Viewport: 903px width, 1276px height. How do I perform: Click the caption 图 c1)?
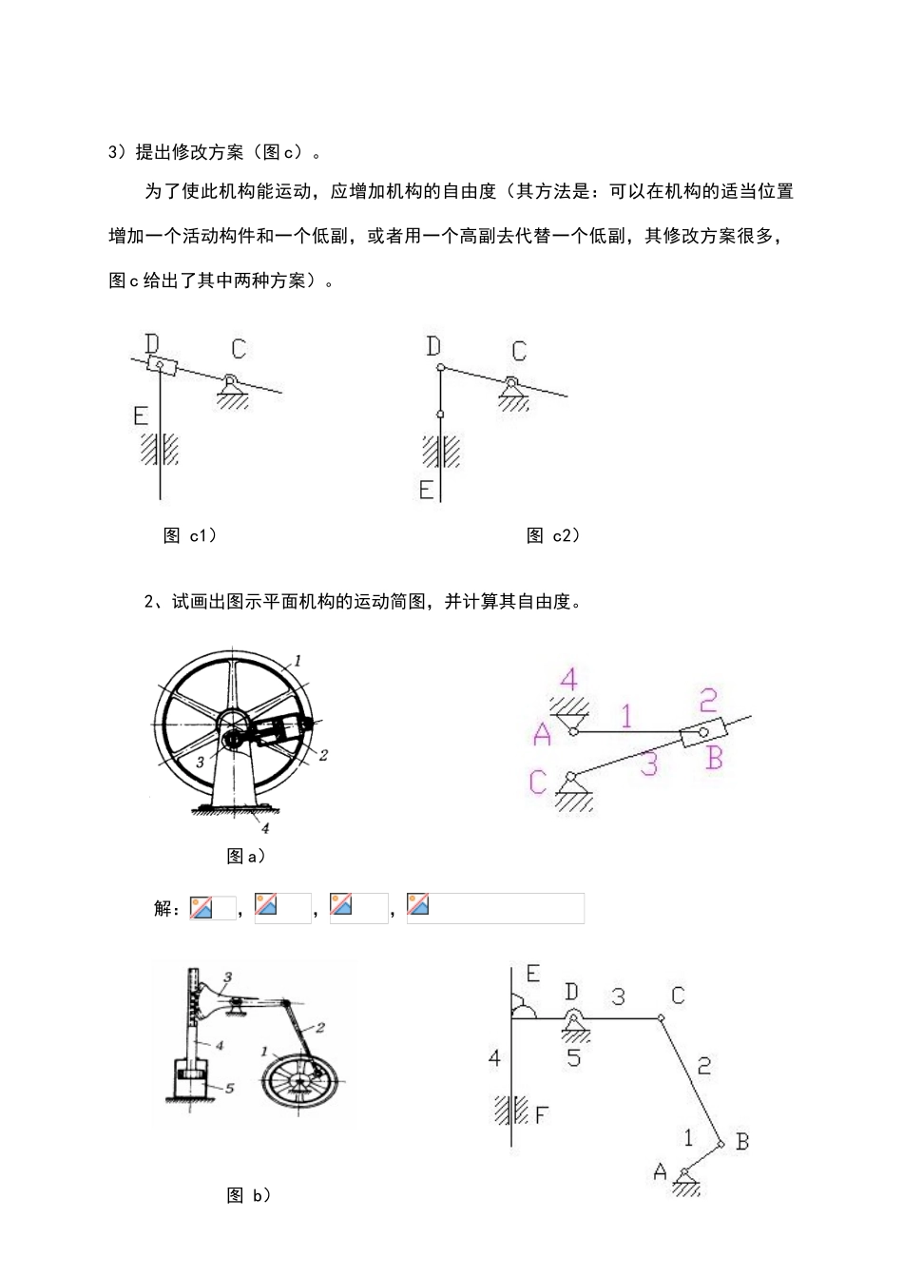point(190,535)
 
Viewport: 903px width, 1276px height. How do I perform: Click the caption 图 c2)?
point(553,535)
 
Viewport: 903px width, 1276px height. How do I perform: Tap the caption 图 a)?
point(245,856)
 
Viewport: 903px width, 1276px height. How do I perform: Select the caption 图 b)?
point(249,1195)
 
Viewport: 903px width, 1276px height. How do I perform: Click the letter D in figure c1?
point(153,342)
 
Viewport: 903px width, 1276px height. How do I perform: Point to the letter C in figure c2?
point(518,351)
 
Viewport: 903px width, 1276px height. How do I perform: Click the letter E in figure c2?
point(427,490)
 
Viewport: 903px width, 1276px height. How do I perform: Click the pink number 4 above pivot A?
point(568,680)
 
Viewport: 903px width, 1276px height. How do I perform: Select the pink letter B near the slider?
point(715,758)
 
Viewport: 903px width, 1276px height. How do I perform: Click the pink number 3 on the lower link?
point(649,764)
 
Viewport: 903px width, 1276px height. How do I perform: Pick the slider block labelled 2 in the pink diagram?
point(704,734)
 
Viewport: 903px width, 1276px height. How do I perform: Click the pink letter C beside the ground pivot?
point(538,782)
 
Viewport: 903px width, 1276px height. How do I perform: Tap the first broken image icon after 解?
point(202,907)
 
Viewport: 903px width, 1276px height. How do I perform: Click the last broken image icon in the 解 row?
point(418,905)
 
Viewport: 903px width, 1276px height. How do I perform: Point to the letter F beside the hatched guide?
point(541,1113)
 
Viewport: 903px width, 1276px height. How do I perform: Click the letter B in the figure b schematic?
point(742,1141)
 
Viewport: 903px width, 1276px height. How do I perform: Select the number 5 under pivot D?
point(573,1056)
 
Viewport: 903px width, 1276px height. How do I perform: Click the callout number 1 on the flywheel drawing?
point(298,659)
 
